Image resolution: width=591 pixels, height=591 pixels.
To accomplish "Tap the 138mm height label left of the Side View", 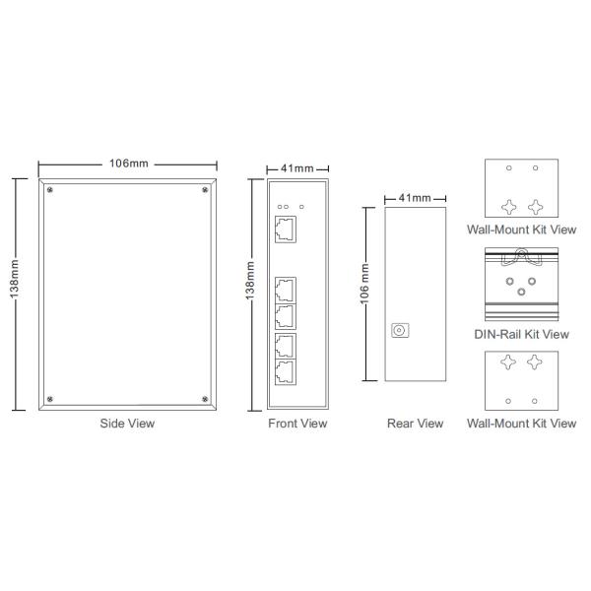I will (x=14, y=293).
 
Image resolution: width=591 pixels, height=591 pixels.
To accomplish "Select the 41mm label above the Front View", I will (x=297, y=168).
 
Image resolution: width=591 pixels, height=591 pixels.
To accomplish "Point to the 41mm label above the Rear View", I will (x=413, y=198).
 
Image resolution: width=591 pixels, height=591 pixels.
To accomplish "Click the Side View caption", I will (x=128, y=424).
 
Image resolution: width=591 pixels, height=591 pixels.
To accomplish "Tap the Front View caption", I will (x=297, y=424).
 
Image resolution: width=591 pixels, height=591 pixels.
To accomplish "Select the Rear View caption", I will (x=416, y=424).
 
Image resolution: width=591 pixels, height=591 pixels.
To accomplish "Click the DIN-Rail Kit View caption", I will (x=522, y=334).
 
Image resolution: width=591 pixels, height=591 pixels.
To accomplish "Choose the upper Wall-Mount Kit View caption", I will (x=522, y=229).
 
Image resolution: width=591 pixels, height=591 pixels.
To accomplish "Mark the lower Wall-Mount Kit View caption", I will (x=522, y=424).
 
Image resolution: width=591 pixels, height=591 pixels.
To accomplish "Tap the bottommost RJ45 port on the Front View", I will (x=286, y=372).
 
